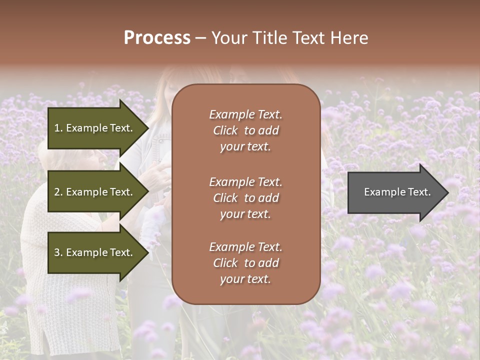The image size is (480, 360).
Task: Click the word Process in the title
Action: click(157, 38)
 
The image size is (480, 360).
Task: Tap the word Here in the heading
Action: click(348, 38)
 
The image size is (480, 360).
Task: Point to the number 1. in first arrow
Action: click(58, 128)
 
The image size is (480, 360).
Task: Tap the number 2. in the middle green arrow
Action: click(58, 192)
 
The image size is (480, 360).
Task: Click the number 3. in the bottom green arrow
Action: click(58, 252)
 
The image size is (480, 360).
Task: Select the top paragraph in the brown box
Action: click(245, 130)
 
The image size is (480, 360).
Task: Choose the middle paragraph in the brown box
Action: click(245, 198)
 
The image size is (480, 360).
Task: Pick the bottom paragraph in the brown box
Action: click(245, 263)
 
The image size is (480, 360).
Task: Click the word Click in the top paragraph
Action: click(225, 131)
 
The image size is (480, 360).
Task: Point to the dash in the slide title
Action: click(201, 38)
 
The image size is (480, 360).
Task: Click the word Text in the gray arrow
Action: click(419, 192)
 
